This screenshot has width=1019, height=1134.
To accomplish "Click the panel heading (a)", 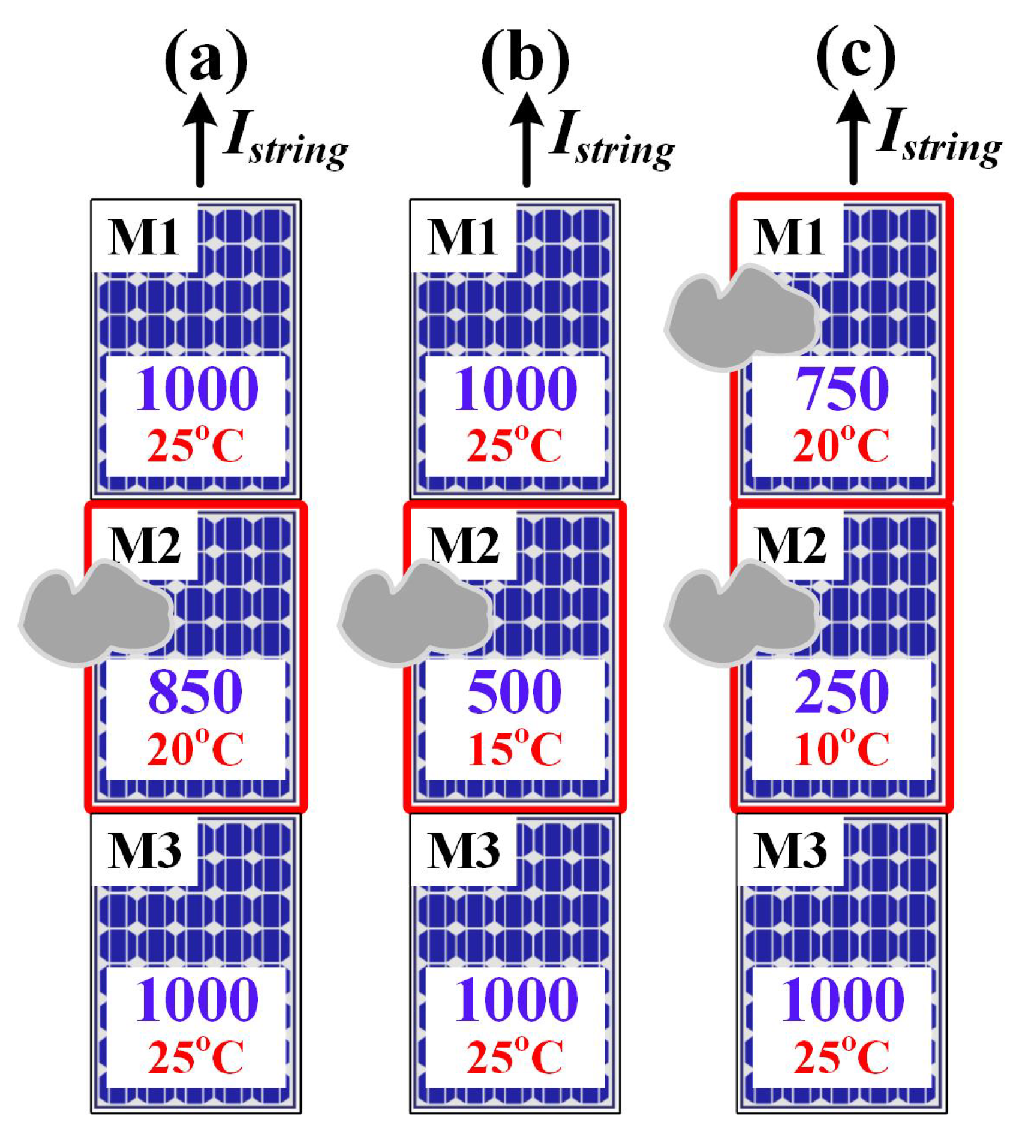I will point(206,60).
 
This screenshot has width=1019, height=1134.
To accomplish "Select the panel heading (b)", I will point(525,60).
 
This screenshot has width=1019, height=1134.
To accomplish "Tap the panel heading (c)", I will point(856,58).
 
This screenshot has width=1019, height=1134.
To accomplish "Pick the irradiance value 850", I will point(195,691).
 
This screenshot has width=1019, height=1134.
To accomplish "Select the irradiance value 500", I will point(515,691).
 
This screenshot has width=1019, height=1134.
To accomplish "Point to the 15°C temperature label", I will point(515,748).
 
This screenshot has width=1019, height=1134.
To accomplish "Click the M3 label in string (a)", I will point(145,850).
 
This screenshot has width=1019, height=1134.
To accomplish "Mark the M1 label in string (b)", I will point(462,237).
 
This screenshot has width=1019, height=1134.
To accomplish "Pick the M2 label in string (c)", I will point(791,545).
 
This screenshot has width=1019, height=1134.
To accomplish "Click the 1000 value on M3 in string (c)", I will point(841,999).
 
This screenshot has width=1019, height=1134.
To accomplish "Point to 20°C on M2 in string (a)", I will point(195,748).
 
